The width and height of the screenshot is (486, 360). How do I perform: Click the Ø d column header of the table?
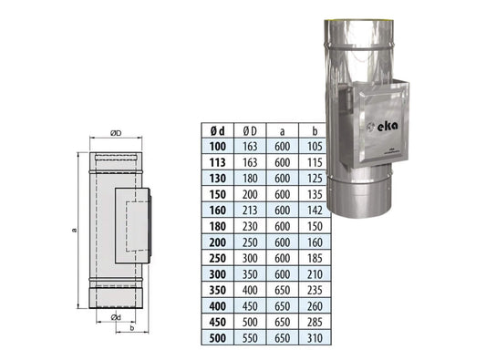point(215,130)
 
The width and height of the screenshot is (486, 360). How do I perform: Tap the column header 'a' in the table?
point(284,130)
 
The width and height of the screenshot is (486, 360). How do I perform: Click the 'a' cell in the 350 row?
point(284,287)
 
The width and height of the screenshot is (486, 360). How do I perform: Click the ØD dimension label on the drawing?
point(114,133)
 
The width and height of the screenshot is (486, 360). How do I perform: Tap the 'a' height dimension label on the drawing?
point(73,230)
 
